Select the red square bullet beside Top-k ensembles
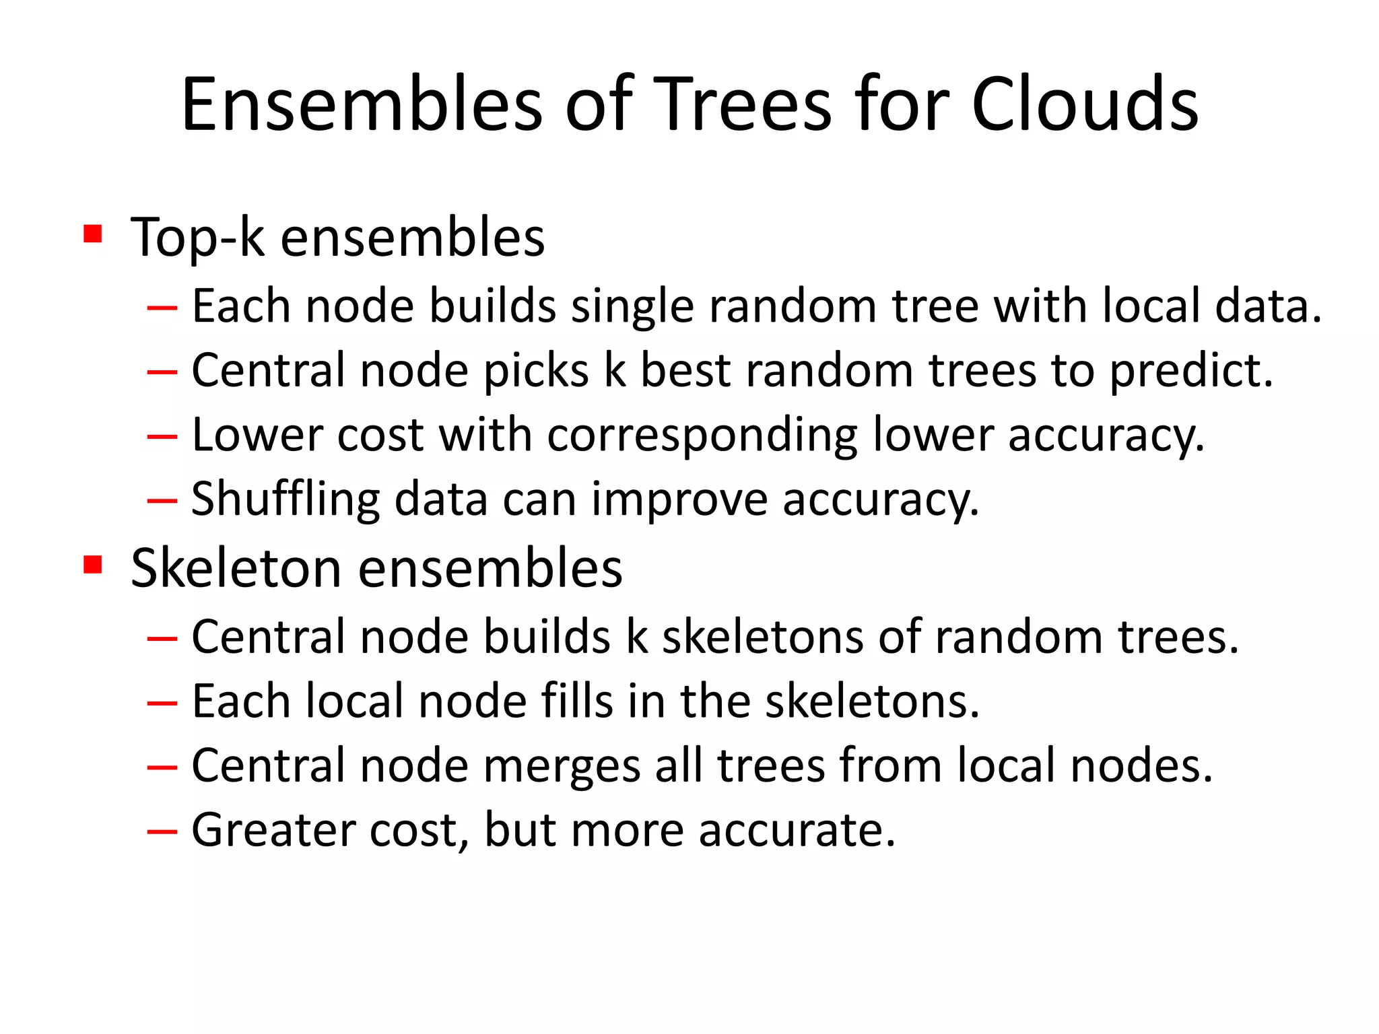(93, 234)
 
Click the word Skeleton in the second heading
(236, 568)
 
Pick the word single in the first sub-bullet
(632, 306)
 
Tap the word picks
(536, 370)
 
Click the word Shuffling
(285, 499)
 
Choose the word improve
(679, 499)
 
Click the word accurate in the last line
(796, 830)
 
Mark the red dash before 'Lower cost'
(162, 436)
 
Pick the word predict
(1190, 372)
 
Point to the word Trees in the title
(743, 104)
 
